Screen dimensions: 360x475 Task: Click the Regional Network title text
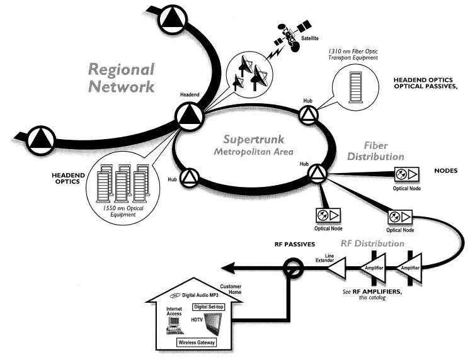[122, 78]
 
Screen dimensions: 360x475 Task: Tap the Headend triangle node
[188, 116]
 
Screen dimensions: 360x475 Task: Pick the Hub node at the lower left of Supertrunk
[190, 178]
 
